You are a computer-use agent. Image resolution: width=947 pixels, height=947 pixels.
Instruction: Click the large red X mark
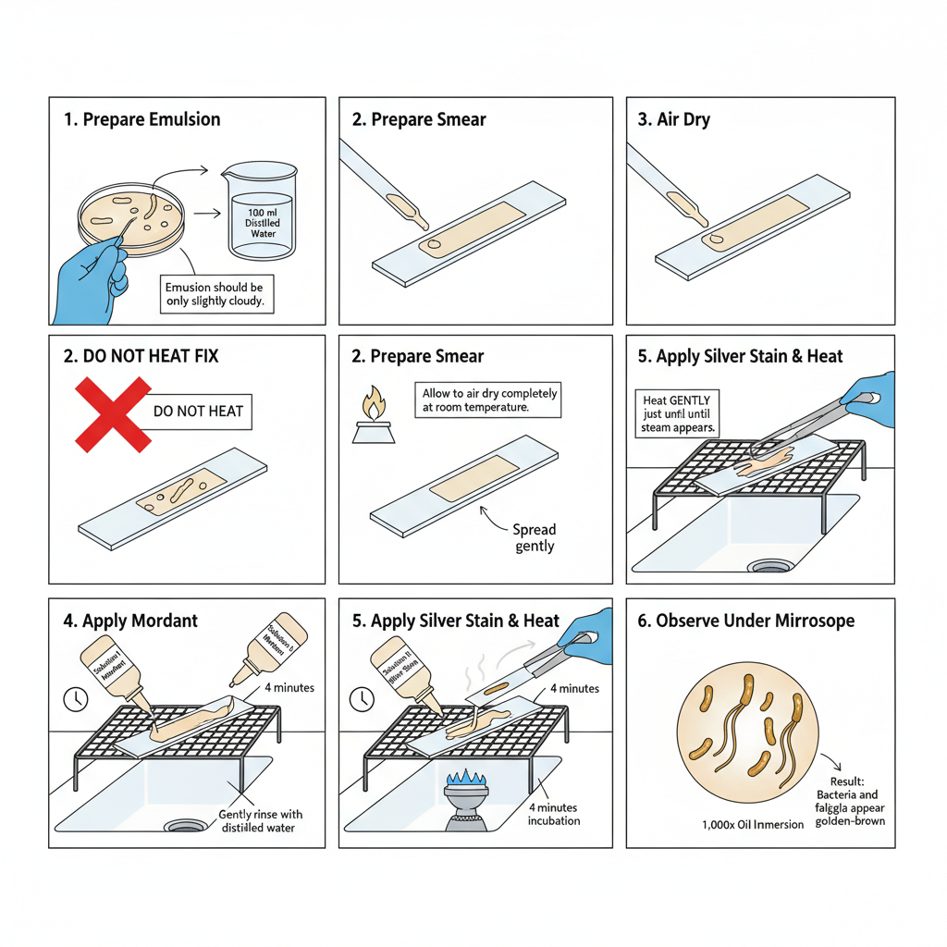[113, 413]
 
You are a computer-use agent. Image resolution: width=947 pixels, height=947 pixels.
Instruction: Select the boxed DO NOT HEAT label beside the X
[198, 411]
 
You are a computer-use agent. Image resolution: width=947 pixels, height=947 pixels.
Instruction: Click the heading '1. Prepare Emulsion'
[142, 119]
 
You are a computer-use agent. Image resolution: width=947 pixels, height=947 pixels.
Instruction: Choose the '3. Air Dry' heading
[673, 119]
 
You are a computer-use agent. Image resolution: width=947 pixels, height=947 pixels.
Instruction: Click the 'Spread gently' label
[535, 537]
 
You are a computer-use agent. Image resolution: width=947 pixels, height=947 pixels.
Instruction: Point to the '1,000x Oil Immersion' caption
[754, 824]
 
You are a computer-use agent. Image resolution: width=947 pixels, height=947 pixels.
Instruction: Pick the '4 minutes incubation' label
[554, 813]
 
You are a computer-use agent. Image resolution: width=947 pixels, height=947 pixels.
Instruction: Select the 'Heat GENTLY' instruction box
[681, 413]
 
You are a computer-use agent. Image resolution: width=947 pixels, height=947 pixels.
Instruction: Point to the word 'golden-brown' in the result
[850, 820]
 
